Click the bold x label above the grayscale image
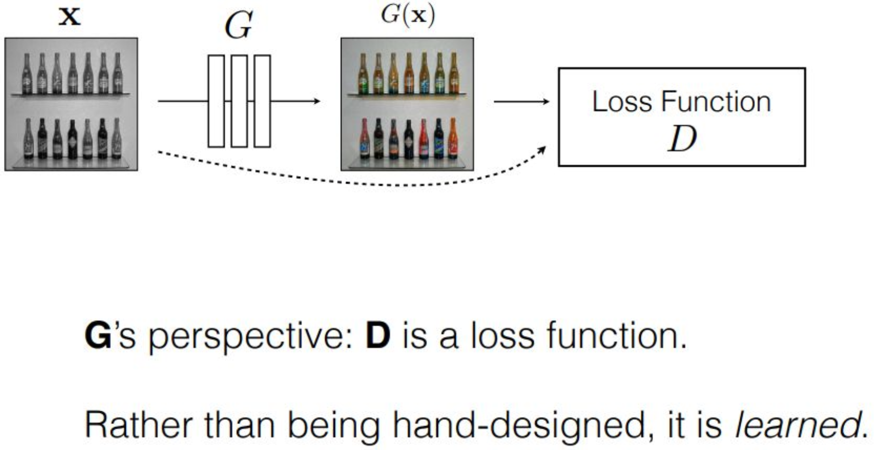pyautogui.click(x=70, y=17)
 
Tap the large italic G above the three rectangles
pyautogui.click(x=239, y=25)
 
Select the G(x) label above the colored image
pyautogui.click(x=408, y=15)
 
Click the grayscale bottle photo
pyautogui.click(x=71, y=104)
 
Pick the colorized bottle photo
pyautogui.click(x=407, y=104)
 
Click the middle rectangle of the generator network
pyautogui.click(x=239, y=101)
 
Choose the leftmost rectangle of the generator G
pyautogui.click(x=216, y=101)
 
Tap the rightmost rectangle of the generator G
pyautogui.click(x=262, y=101)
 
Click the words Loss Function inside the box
pyautogui.click(x=681, y=102)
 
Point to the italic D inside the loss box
pyautogui.click(x=682, y=139)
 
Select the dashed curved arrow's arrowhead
pyautogui.click(x=542, y=150)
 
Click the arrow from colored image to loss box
pyautogui.click(x=521, y=101)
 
